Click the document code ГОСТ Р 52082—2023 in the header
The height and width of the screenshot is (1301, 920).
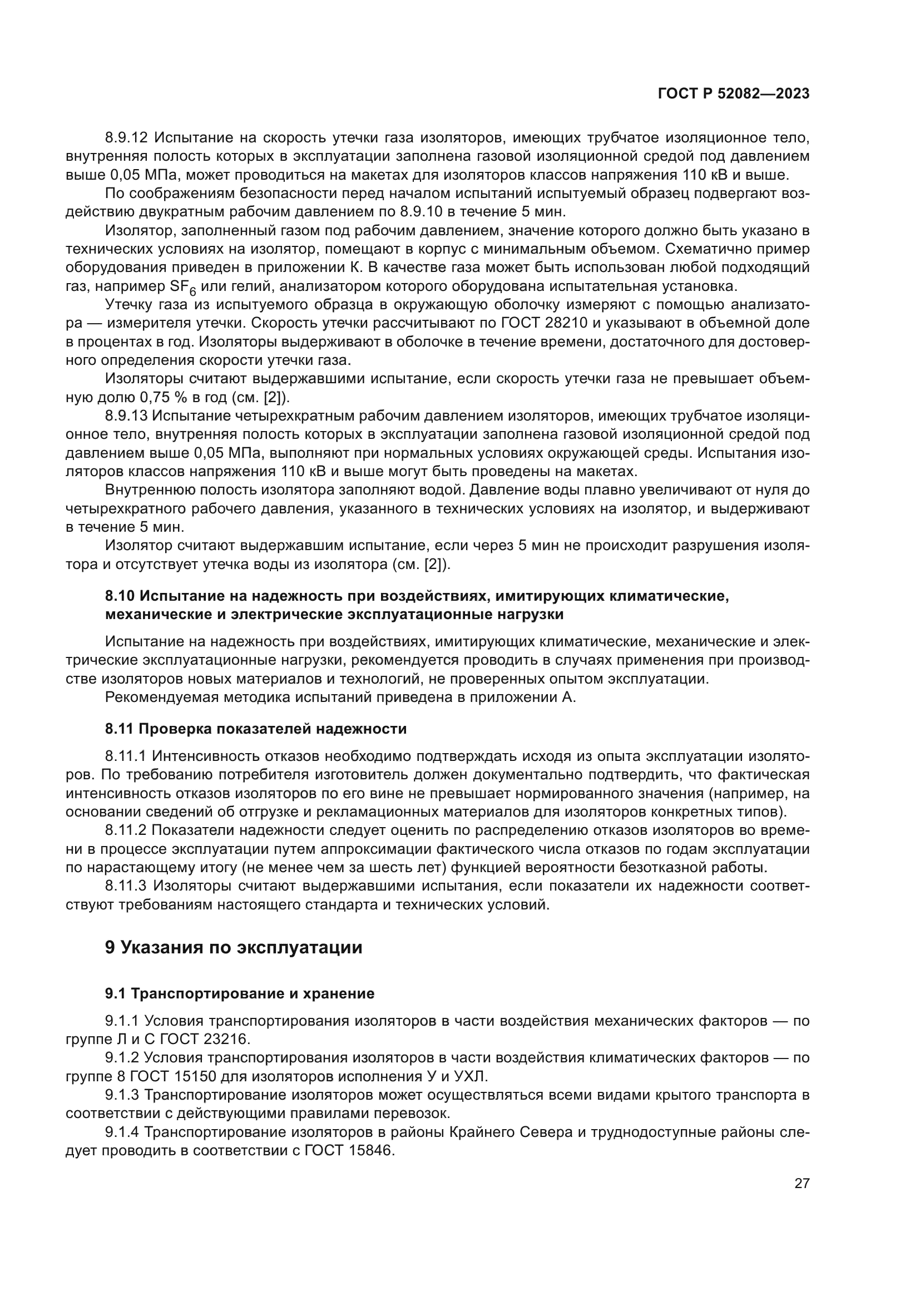733,94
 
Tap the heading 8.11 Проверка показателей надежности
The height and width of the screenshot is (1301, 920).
255,729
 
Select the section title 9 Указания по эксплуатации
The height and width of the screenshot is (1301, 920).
234,948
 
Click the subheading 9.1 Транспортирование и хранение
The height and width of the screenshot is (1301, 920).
240,993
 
